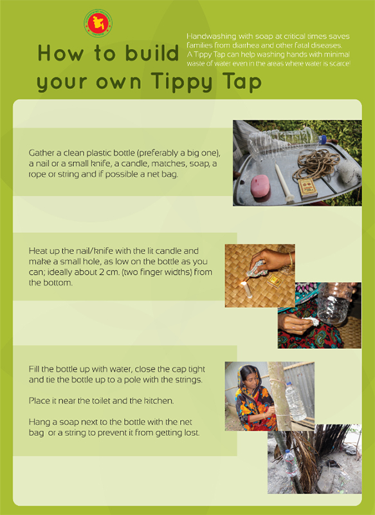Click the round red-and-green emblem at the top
(x=98, y=23)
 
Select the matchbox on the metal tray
(x=307, y=187)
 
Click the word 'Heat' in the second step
(x=40, y=250)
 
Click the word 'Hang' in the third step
(x=40, y=422)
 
